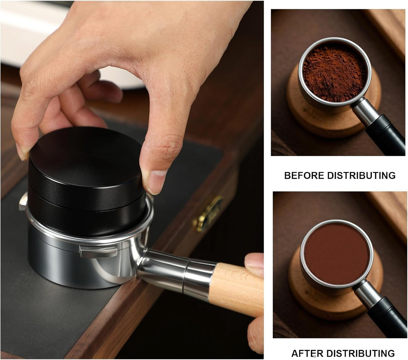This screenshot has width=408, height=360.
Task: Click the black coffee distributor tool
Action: [x=85, y=175]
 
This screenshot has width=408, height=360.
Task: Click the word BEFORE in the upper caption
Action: [x=304, y=175]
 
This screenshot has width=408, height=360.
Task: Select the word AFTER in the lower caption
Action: [x=307, y=353]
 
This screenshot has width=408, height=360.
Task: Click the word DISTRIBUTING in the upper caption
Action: [x=361, y=175]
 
